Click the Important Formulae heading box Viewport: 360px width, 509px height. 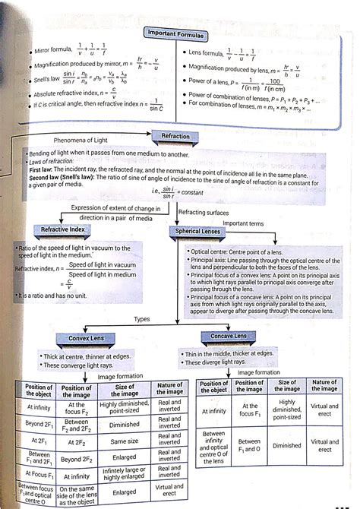176,33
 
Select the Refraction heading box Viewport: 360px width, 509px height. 175,137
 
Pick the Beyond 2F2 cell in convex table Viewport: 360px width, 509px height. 77,460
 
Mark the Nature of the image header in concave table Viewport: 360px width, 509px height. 324,386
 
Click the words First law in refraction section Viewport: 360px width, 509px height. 46,170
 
